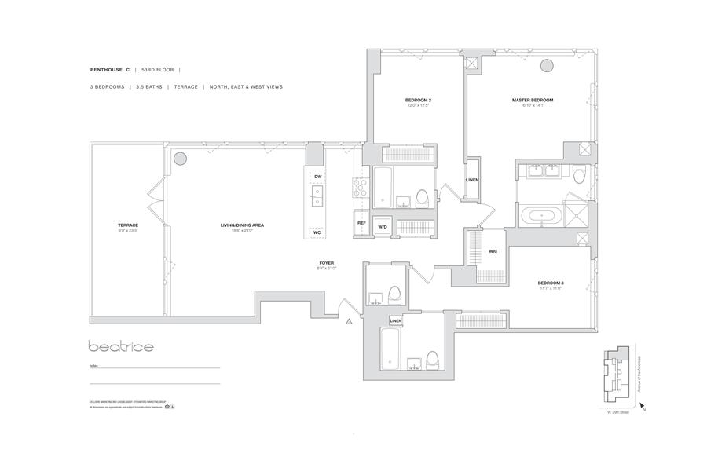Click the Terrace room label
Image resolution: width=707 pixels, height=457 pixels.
point(127,225)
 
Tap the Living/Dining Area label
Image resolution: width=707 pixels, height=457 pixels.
point(241,225)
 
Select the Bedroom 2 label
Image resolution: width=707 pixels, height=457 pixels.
point(419,101)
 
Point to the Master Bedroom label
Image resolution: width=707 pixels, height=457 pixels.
point(533,101)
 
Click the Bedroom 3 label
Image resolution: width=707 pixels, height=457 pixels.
point(550,282)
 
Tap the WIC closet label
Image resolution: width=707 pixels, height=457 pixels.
point(493,251)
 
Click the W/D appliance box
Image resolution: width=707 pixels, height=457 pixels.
point(383,227)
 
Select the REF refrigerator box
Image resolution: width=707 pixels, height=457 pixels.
point(361,223)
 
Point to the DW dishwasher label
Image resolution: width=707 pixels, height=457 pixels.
point(317,177)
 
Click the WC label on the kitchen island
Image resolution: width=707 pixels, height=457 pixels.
point(317,232)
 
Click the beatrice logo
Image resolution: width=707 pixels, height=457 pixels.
point(121,346)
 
